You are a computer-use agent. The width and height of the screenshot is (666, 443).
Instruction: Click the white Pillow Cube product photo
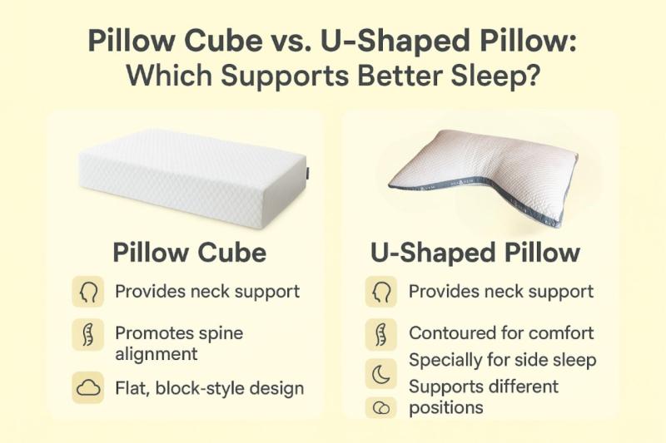[193, 178]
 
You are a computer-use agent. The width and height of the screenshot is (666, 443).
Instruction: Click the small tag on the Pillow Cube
[307, 172]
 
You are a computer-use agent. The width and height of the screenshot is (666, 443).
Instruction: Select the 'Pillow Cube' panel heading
[190, 253]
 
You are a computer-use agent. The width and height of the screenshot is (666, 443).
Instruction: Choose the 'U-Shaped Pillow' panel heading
[475, 253]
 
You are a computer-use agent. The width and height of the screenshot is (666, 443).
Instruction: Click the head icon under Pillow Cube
[88, 292]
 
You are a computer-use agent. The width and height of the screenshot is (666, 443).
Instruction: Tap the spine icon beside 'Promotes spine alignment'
[88, 334]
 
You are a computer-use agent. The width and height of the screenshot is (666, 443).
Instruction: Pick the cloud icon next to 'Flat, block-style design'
[88, 387]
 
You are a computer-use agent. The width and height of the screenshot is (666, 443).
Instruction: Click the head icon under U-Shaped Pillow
[381, 292]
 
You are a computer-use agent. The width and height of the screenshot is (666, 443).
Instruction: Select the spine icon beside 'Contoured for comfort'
[381, 334]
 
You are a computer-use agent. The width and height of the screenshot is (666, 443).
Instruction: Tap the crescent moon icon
[381, 374]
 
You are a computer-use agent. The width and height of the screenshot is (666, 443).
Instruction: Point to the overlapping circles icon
[381, 408]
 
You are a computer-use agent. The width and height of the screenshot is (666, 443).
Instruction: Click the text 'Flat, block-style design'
[210, 389]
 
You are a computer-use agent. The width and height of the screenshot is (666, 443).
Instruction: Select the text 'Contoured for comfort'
[501, 333]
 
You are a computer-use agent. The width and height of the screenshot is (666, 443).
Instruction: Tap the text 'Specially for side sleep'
[503, 361]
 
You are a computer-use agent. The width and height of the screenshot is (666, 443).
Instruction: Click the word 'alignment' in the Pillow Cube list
[157, 354]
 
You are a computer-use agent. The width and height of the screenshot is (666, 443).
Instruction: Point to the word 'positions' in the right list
[446, 408]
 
